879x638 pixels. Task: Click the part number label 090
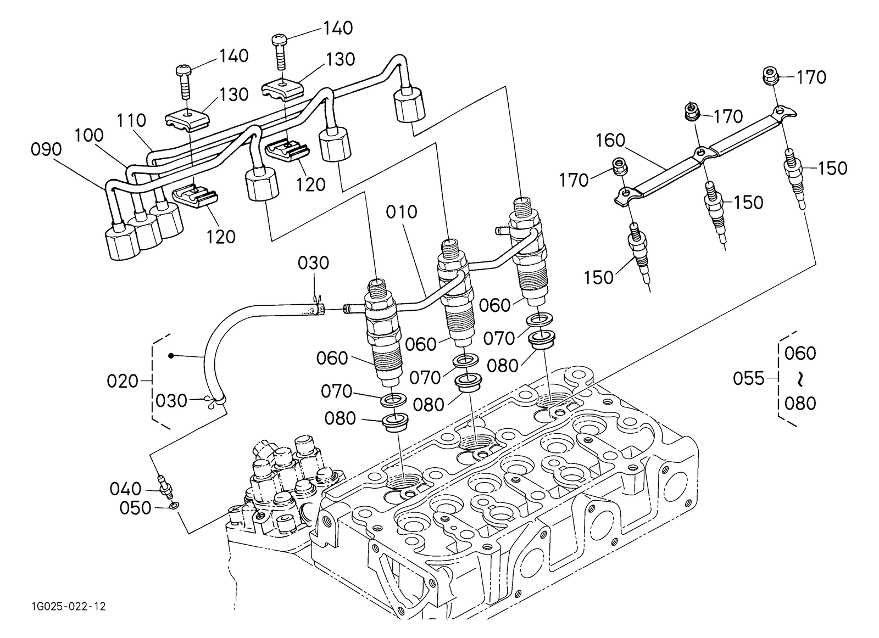point(46,149)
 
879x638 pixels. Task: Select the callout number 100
point(88,136)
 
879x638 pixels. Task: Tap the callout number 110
point(131,121)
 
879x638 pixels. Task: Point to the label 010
point(402,212)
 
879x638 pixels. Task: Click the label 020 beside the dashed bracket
point(123,380)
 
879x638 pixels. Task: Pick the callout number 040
point(126,488)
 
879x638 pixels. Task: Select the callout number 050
point(135,508)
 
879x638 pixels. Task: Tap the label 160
point(611,141)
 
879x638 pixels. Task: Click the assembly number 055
point(748,378)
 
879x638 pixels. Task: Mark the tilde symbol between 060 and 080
point(801,378)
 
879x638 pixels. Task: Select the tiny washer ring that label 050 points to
point(174,505)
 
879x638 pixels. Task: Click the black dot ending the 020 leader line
point(171,356)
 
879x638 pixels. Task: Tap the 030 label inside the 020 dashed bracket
point(171,401)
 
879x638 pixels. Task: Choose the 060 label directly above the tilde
point(800,352)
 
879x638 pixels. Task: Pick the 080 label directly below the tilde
point(800,404)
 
